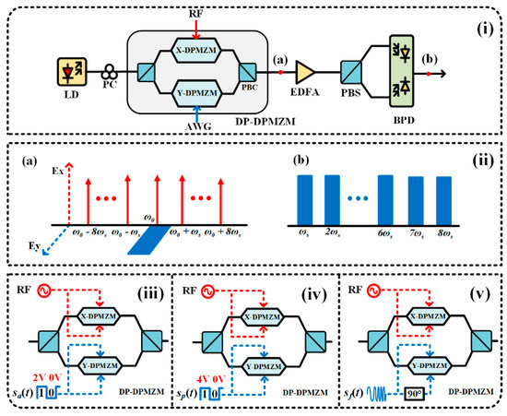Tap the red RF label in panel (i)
[197, 11]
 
